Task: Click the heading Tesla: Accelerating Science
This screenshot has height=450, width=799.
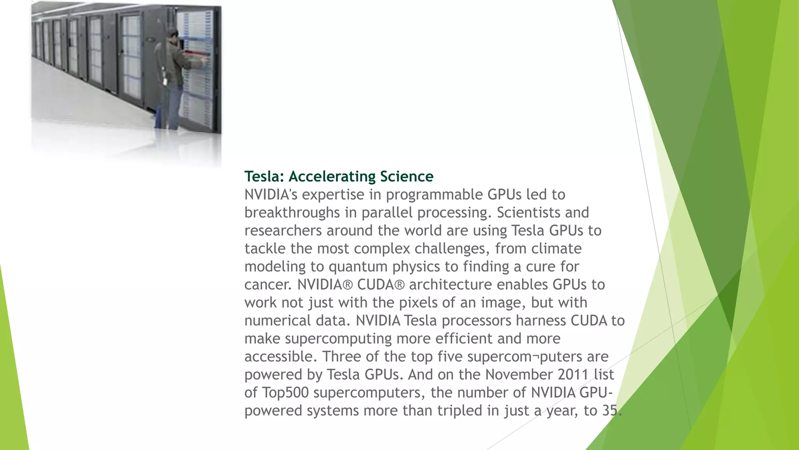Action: point(339,177)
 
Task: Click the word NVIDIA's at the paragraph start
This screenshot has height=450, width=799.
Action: point(271,195)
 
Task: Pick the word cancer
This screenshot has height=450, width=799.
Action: point(267,284)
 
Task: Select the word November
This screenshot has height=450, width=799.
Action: point(519,374)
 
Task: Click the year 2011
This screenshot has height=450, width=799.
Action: point(573,374)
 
